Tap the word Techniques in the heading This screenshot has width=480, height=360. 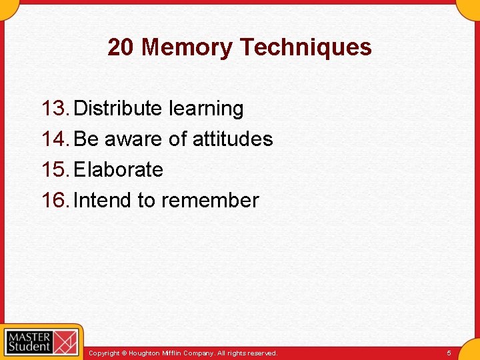tap(305, 47)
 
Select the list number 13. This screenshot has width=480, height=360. tap(55, 108)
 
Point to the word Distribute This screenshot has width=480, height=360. tap(118, 108)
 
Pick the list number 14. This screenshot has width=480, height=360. tap(55, 139)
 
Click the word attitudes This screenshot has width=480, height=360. tap(233, 139)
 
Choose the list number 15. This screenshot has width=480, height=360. tap(55, 169)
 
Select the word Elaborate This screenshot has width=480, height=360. tap(118, 169)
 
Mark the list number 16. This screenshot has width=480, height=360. tap(55, 200)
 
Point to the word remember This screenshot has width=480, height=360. tap(210, 200)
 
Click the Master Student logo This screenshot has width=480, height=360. tap(41, 341)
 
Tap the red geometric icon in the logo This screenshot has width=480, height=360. tap(65, 342)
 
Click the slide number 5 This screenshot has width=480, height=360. tap(449, 353)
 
